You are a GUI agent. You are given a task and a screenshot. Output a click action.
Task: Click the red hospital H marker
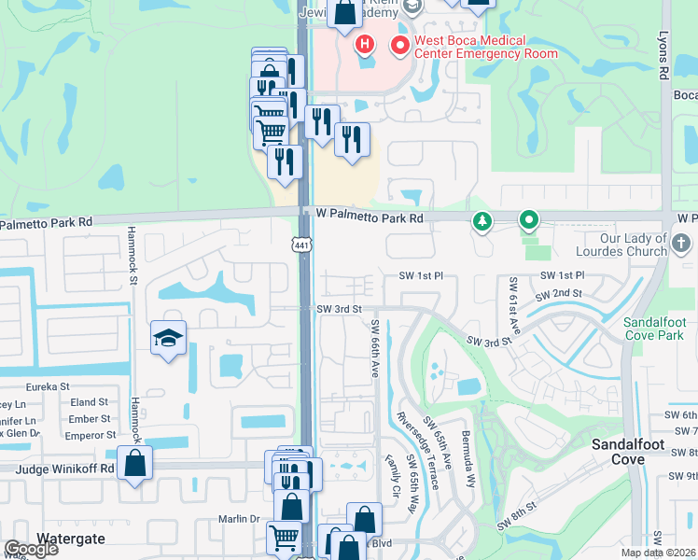coord(364,44)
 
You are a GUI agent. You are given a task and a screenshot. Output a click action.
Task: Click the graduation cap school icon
coord(168,338)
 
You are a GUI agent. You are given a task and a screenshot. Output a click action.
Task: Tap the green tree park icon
coord(482,221)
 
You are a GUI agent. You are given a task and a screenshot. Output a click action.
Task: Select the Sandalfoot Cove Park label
coord(654,328)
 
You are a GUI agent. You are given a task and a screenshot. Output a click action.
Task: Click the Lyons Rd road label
coord(664,57)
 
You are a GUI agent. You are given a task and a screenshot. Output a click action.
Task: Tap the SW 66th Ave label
coord(375,349)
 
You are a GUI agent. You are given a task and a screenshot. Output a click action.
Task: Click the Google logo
coord(31,549)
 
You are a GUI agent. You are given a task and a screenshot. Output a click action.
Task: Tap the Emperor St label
coord(84,435)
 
